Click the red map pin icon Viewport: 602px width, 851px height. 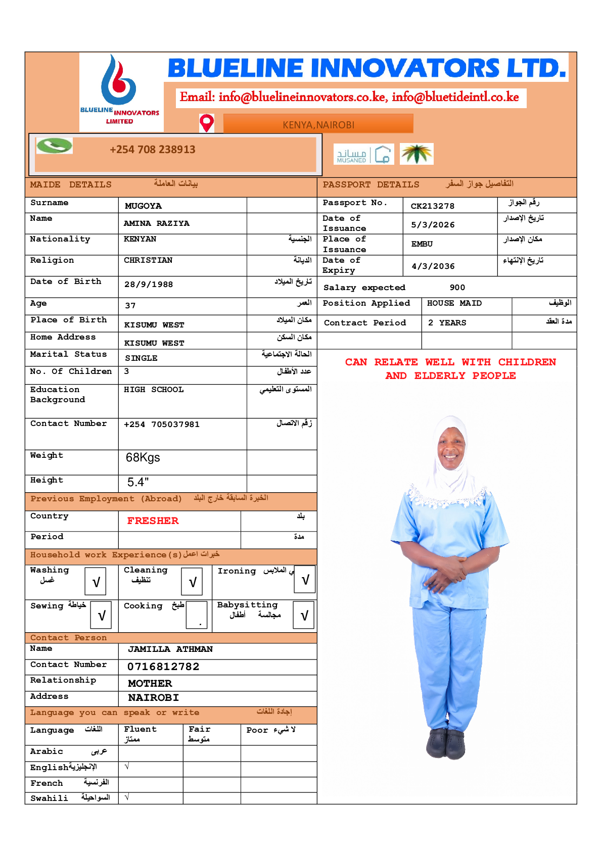tap(207, 123)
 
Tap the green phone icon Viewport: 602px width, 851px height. tap(55, 146)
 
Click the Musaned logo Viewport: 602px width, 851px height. tap(363, 154)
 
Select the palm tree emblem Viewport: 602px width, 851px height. tap(416, 154)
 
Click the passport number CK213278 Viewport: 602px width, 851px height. tap(432, 206)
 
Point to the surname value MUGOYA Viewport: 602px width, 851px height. tap(143, 206)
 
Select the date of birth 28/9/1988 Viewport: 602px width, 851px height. tap(149, 284)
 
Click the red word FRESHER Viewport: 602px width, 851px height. tap(153, 521)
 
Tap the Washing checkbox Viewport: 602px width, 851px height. tap(96, 582)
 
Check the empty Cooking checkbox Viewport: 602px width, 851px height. tap(197, 614)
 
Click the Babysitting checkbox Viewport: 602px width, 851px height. tap(304, 614)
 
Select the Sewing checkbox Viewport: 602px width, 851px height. tap(102, 614)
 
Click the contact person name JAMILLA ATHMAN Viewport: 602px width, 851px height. tap(170, 649)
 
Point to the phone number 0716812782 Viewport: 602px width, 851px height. tap(163, 667)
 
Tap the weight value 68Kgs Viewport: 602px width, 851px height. tap(143, 457)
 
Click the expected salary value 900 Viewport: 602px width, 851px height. tap(457, 287)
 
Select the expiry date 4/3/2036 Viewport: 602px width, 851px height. tap(433, 266)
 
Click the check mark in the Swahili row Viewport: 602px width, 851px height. tap(127, 797)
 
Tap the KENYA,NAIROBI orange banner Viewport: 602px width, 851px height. tap(318, 124)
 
